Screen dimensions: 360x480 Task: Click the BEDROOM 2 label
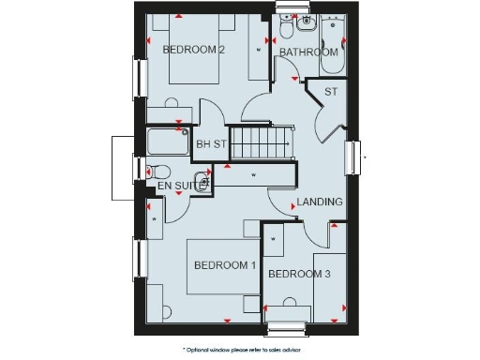(193, 50)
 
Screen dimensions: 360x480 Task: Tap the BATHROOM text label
(308, 52)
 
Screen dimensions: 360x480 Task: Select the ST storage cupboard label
(330, 91)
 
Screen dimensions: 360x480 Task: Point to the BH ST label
(211, 143)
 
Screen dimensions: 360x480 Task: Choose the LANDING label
(320, 202)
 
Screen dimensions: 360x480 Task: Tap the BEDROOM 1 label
(225, 265)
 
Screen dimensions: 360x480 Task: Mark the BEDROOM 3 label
(298, 274)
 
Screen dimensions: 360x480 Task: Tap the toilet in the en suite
(157, 172)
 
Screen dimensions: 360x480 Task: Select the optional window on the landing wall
(353, 157)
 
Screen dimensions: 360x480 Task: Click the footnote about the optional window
(239, 348)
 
